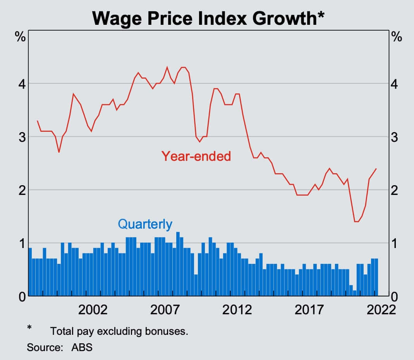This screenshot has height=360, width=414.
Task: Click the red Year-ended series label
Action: point(196,156)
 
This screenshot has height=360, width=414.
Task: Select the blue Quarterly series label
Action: point(145,224)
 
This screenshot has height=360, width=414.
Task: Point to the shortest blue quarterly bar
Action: point(354,293)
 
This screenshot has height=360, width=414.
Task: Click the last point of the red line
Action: point(376,169)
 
